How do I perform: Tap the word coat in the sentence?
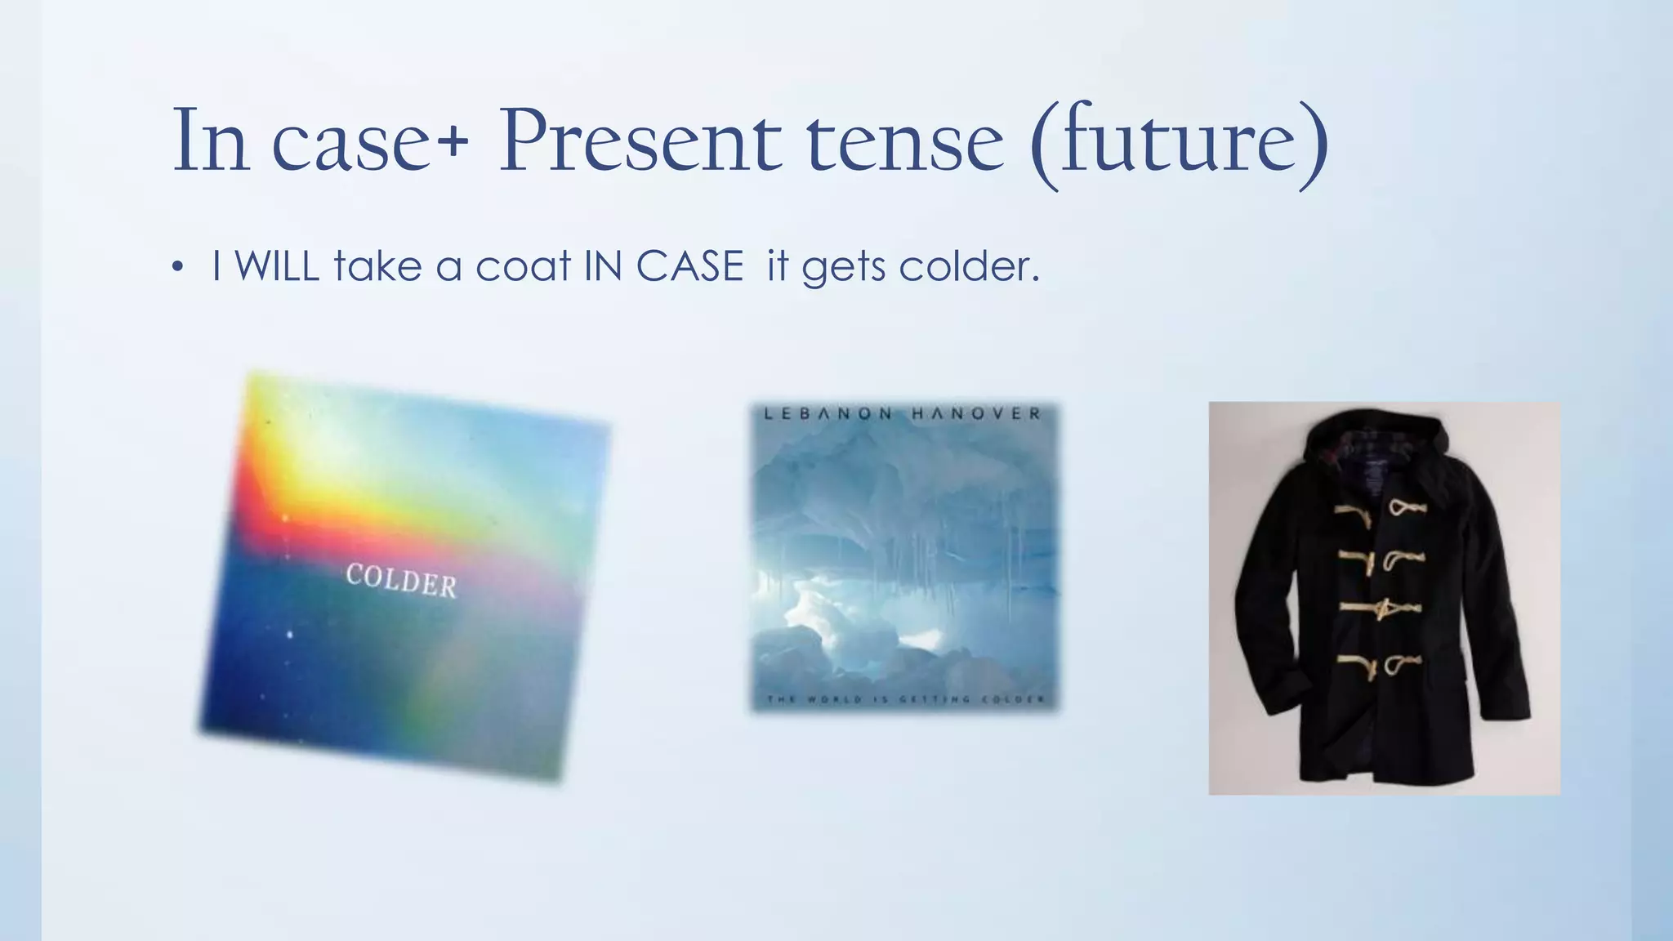[x=523, y=266]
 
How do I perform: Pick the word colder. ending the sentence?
[x=969, y=266]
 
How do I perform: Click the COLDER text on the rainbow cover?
[x=401, y=581]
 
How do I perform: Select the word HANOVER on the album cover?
[x=976, y=414]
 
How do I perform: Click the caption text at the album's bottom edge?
[x=905, y=699]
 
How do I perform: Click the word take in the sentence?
[x=377, y=266]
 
